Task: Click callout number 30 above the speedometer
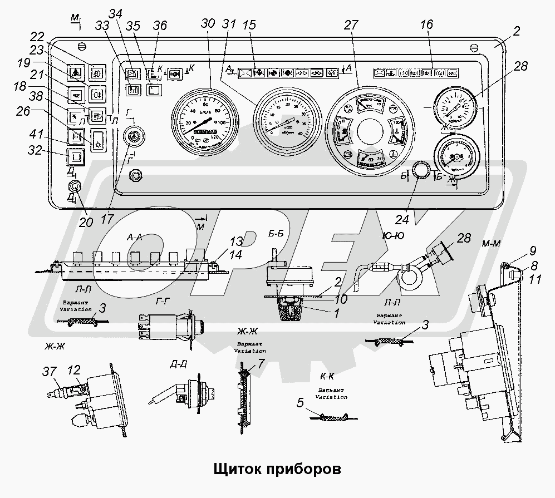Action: [x=208, y=24]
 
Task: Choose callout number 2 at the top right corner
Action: [x=517, y=31]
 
